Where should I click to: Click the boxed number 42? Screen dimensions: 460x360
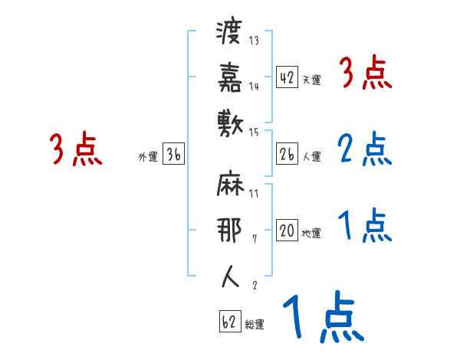pyautogui.click(x=287, y=77)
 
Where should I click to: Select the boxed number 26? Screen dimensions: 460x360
pyautogui.click(x=287, y=155)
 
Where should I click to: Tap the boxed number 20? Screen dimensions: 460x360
pyautogui.click(x=287, y=231)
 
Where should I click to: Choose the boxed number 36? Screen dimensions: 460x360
pyautogui.click(x=173, y=155)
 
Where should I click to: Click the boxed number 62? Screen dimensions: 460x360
pyautogui.click(x=229, y=322)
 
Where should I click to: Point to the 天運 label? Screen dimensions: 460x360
pyautogui.click(x=311, y=80)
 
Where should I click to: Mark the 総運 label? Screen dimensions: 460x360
pyautogui.click(x=254, y=325)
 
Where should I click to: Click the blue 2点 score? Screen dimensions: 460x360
pyautogui.click(x=364, y=149)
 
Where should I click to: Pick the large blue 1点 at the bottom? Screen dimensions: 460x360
pyautogui.click(x=321, y=317)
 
